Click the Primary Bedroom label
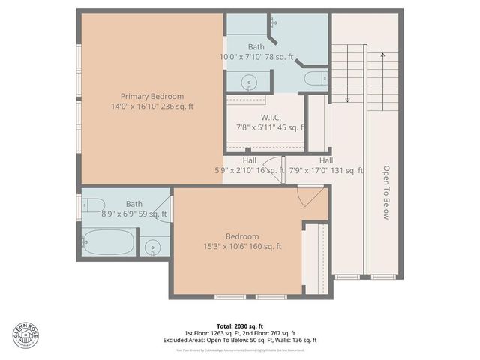(152, 96)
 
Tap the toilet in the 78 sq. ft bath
(316, 77)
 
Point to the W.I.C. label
(271, 117)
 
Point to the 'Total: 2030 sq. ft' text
(240, 326)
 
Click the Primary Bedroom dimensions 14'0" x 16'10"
(152, 106)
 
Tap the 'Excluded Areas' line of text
(240, 340)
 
